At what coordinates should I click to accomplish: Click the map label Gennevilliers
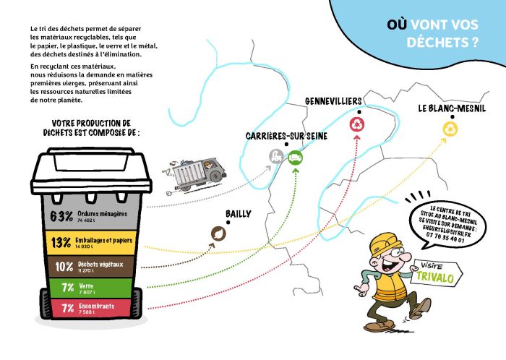(333, 101)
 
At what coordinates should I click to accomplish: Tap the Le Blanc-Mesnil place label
(451, 108)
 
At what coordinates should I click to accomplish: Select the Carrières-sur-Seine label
(286, 136)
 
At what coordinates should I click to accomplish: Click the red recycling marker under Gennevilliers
(357, 126)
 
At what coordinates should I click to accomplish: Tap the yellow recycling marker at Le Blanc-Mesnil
(451, 129)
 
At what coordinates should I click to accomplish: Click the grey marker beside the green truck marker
(276, 155)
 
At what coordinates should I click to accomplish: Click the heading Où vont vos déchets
(432, 33)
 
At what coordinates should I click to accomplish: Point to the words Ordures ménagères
(103, 213)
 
